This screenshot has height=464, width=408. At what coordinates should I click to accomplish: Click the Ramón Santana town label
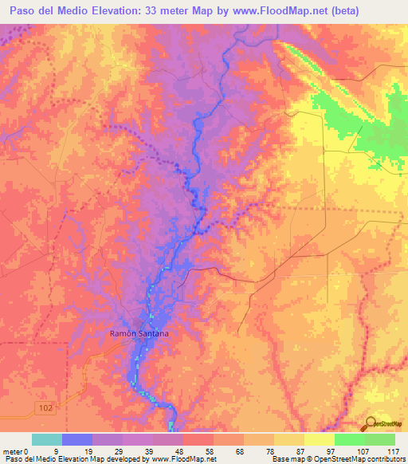tap(139, 335)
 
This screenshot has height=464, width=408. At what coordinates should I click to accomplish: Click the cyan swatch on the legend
tap(47, 439)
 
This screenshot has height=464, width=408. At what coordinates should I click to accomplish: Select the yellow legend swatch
tap(289, 439)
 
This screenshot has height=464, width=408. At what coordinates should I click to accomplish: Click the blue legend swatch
tap(77, 439)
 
